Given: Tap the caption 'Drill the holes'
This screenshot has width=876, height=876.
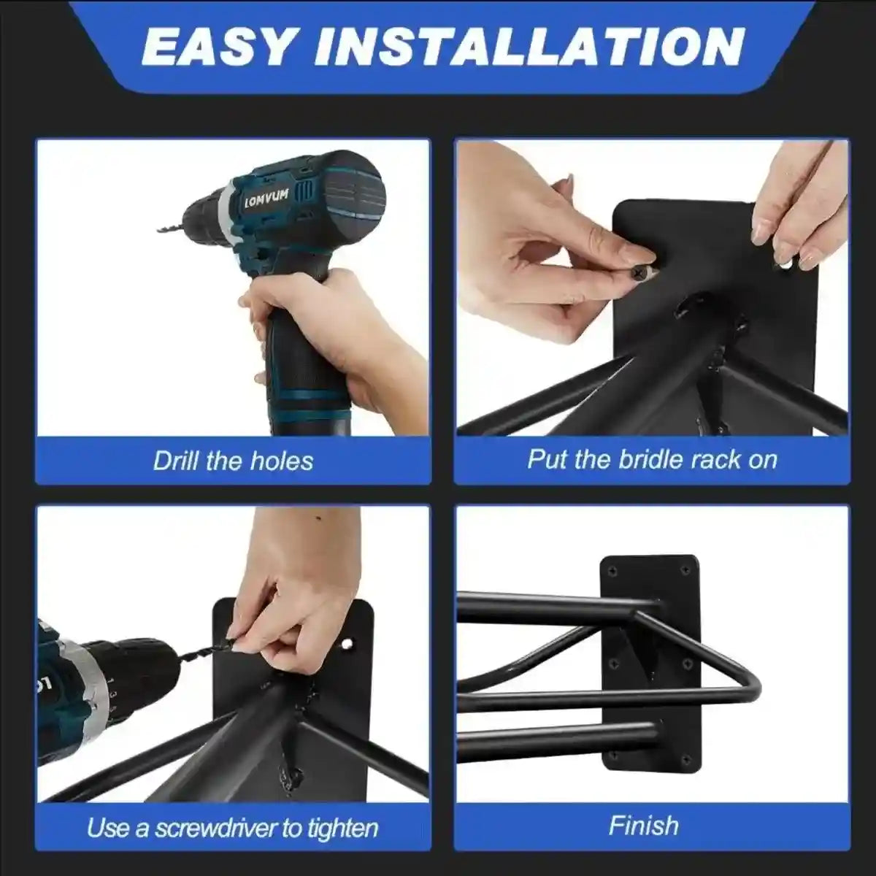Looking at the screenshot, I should click(x=233, y=461).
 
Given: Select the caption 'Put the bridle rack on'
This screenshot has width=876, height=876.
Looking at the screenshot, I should click(x=652, y=459).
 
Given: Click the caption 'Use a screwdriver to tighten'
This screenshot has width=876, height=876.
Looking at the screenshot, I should click(x=233, y=827).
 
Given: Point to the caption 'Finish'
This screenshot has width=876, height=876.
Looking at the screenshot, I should click(x=644, y=826).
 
